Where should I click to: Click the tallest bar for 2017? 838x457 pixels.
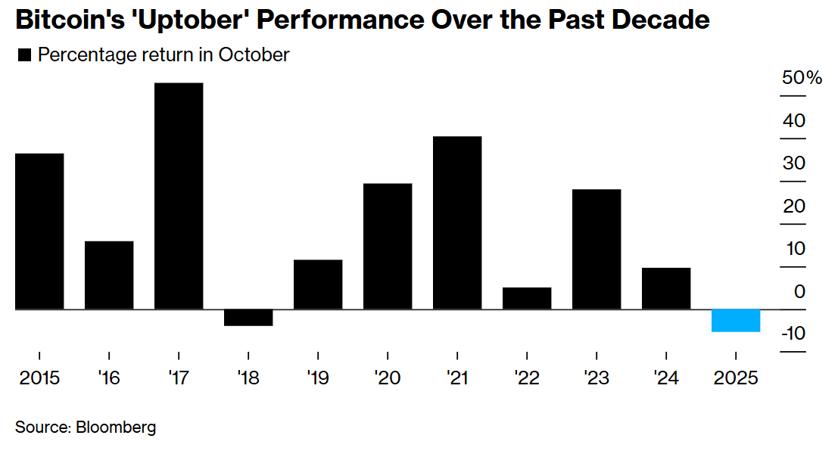click(x=179, y=196)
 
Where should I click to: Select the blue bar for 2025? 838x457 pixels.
click(x=736, y=321)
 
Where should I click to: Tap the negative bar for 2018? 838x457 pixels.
click(x=248, y=318)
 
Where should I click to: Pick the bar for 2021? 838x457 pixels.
click(x=457, y=223)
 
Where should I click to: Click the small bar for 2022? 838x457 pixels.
click(x=527, y=298)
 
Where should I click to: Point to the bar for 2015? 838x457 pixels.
click(x=39, y=232)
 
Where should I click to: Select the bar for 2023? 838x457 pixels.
click(x=597, y=250)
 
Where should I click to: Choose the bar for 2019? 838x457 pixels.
click(x=318, y=284)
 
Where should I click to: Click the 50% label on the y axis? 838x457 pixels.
click(x=801, y=78)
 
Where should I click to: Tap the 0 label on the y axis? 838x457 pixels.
click(x=799, y=291)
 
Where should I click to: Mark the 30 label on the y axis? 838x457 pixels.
click(x=794, y=163)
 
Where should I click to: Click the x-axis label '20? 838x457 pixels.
click(x=388, y=378)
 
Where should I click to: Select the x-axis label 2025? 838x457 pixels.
click(x=736, y=378)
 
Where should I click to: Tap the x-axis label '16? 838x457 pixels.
click(x=109, y=378)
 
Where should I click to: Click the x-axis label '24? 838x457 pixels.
click(x=666, y=378)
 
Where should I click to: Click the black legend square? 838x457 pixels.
click(x=23, y=55)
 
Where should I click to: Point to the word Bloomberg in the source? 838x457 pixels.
click(x=116, y=427)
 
